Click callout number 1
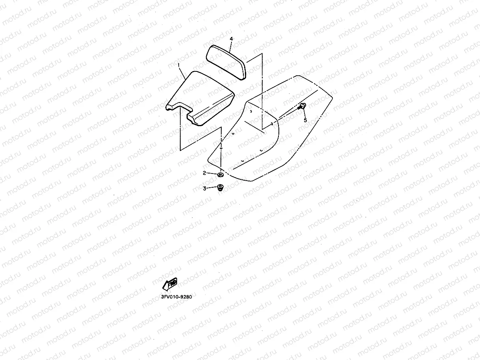(179, 64)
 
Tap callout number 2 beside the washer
(204, 173)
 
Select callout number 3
(204, 188)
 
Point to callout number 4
(232, 39)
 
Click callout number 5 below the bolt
(305, 120)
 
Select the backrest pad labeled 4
(227, 61)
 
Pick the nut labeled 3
(220, 187)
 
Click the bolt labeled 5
(303, 106)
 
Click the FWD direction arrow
(170, 284)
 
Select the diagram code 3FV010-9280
(176, 297)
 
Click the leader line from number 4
(230, 45)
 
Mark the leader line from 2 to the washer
(211, 173)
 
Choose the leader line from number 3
(211, 188)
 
